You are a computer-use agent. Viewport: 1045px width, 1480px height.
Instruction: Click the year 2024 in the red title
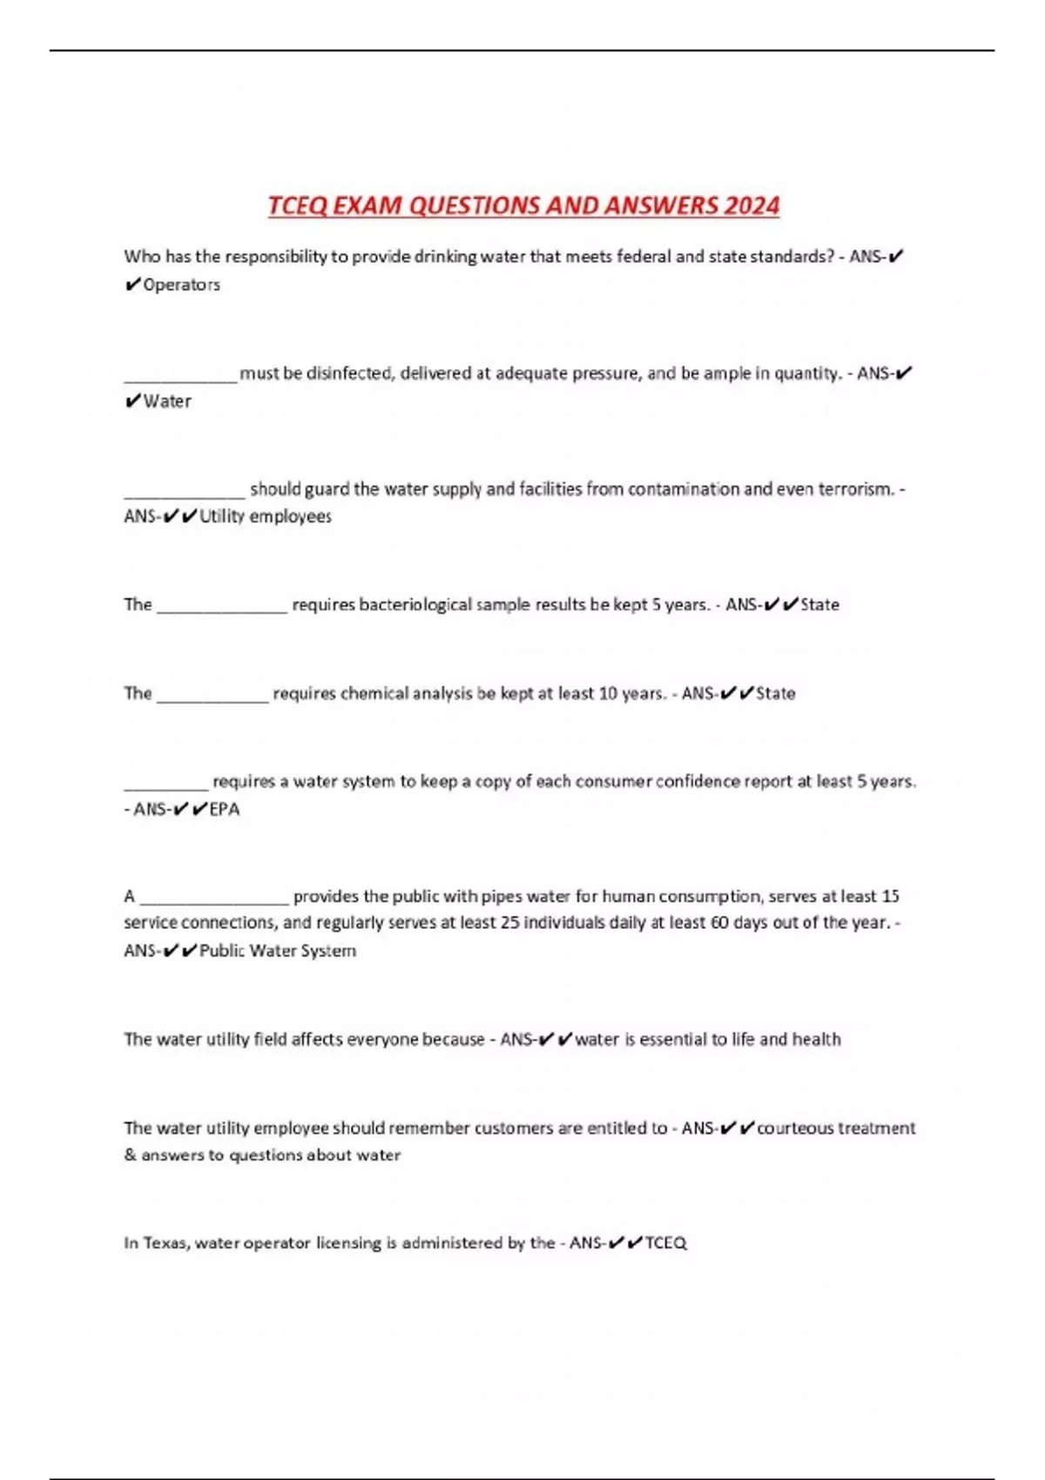point(752,205)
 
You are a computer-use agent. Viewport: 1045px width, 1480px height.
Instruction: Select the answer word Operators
point(181,285)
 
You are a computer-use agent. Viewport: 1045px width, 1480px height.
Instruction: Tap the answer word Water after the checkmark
point(167,401)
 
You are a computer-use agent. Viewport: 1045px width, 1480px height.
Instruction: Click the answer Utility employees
point(266,516)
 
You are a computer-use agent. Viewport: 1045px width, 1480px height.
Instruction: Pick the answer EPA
point(225,809)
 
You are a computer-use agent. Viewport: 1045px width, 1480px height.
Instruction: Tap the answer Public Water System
point(278,951)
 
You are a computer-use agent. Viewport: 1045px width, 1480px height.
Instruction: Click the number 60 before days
point(719,923)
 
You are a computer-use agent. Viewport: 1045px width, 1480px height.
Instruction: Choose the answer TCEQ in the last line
point(666,1243)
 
